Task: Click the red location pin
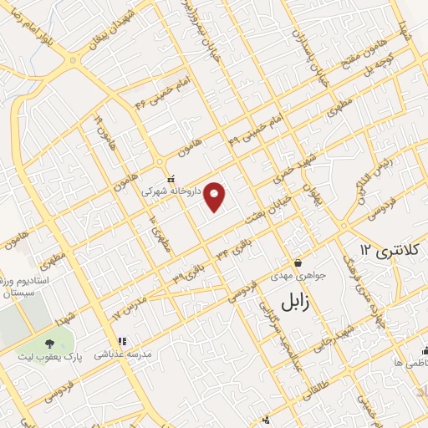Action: (216, 196)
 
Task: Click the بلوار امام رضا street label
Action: (33, 34)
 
